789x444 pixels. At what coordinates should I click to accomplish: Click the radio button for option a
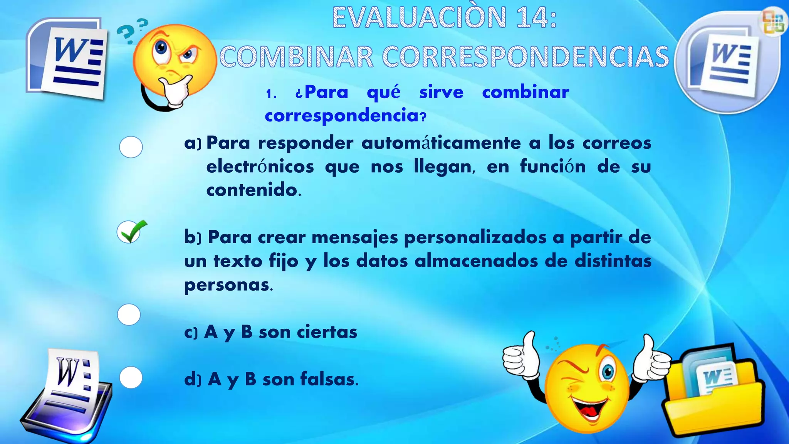131,147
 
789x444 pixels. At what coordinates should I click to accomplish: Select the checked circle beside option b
129,232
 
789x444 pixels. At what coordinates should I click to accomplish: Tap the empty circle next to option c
129,314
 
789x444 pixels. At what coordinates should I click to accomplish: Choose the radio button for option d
131,377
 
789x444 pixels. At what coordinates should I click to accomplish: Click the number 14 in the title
530,18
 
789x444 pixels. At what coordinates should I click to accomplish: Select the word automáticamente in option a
441,143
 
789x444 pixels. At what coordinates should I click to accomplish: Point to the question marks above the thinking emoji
132,31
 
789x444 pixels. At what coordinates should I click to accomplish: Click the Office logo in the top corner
774,22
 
